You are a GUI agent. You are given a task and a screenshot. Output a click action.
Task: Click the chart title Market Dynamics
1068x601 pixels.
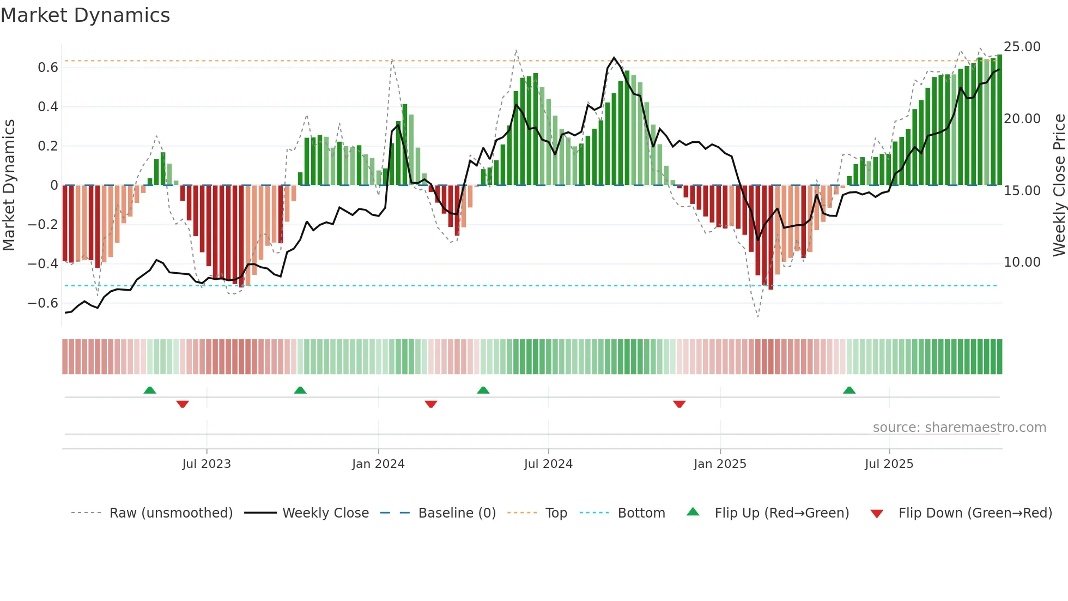click(x=85, y=15)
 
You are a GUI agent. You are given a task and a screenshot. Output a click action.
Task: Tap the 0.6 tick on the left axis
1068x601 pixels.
click(x=47, y=68)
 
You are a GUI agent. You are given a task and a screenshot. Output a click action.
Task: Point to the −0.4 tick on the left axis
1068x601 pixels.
click(x=43, y=264)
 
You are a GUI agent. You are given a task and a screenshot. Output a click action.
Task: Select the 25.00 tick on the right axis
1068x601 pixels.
click(x=1022, y=47)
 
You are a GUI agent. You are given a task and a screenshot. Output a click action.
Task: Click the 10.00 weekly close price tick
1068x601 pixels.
click(x=1022, y=262)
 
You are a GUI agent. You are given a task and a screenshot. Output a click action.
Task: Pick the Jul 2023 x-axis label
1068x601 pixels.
click(x=207, y=464)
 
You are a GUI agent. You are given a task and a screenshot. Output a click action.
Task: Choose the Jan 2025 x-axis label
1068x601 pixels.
click(x=720, y=464)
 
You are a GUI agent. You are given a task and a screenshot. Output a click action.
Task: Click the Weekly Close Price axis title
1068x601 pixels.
click(x=1059, y=185)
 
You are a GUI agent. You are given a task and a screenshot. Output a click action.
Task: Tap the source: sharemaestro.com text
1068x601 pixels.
click(x=959, y=428)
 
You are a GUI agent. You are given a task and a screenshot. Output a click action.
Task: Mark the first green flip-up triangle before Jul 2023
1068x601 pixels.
click(x=150, y=390)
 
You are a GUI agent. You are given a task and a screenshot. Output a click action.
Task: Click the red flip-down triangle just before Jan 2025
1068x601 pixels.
click(x=679, y=404)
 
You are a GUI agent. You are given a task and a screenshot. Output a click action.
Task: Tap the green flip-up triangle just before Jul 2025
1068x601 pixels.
click(x=849, y=390)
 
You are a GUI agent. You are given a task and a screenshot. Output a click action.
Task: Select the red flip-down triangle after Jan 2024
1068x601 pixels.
click(x=431, y=404)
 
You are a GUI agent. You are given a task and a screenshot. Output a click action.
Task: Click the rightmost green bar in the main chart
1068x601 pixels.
click(x=999, y=120)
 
